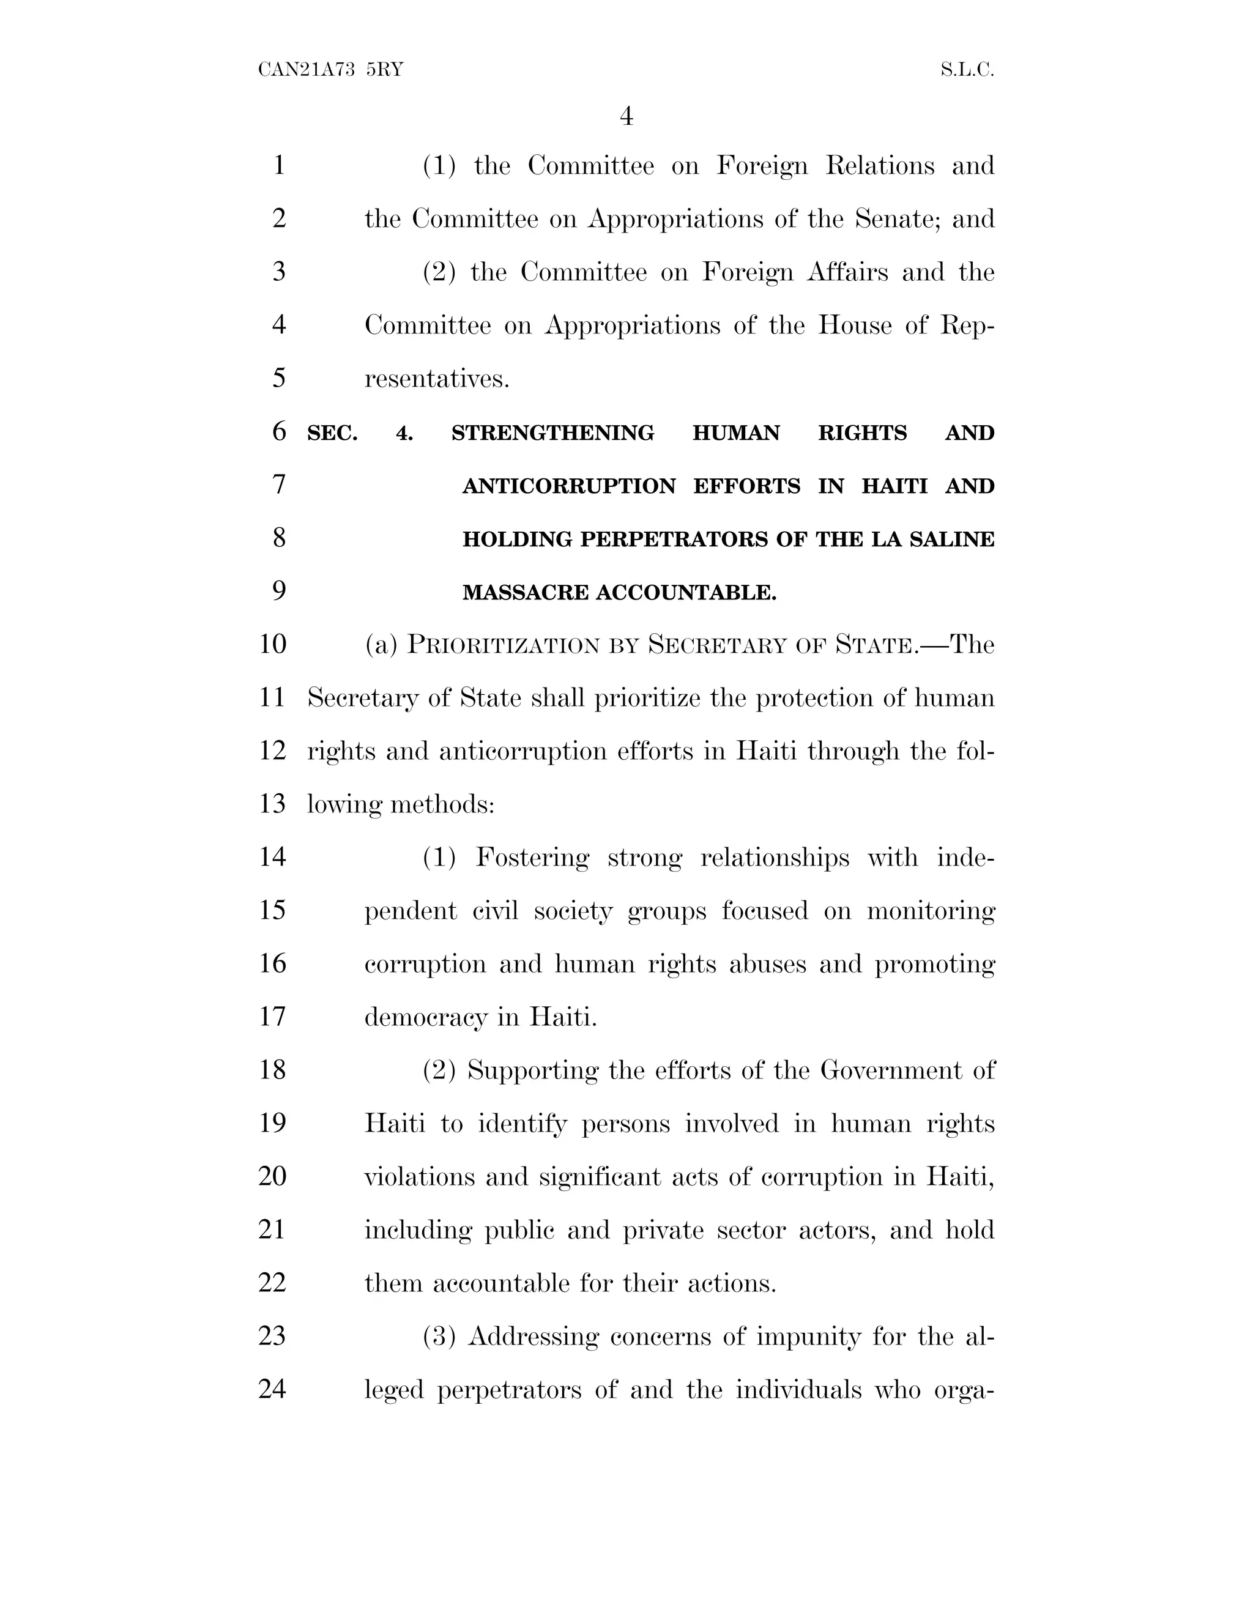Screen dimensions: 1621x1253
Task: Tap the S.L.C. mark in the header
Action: tap(967, 70)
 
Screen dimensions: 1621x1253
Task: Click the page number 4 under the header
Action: tap(626, 116)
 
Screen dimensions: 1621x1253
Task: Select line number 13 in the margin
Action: tap(272, 804)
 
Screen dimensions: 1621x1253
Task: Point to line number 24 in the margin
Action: tap(272, 1389)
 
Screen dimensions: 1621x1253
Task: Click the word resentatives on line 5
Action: tap(436, 379)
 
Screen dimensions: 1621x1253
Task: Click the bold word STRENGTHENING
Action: tap(553, 432)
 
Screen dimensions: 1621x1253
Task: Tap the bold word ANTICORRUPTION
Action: tap(568, 486)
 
